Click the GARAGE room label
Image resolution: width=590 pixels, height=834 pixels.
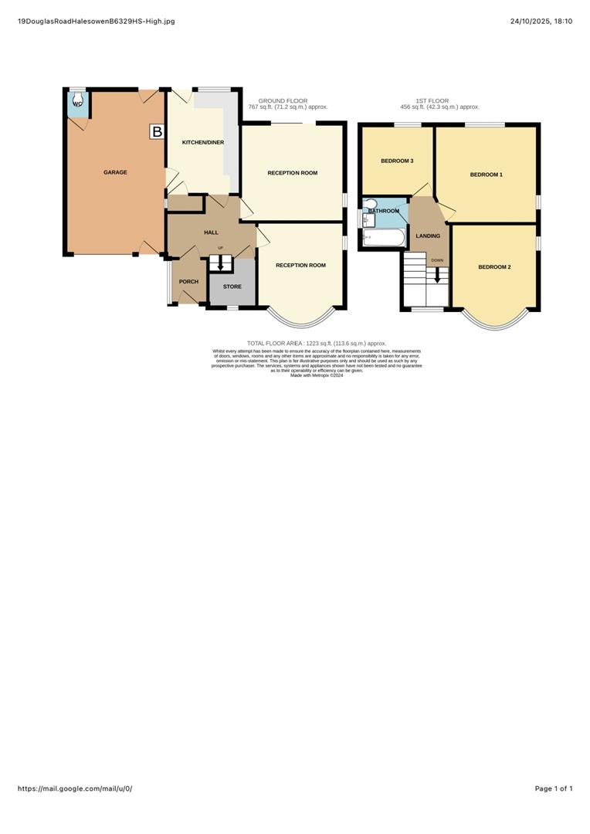(115, 172)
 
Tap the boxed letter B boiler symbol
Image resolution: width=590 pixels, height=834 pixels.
(157, 132)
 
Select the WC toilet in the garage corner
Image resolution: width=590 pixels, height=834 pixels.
(77, 103)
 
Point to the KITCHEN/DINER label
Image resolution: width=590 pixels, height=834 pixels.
(197, 143)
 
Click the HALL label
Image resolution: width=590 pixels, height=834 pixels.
(211, 232)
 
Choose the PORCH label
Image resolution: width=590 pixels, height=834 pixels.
(188, 282)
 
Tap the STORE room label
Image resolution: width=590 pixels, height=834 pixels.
(232, 286)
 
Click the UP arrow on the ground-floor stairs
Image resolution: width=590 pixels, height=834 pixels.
(221, 263)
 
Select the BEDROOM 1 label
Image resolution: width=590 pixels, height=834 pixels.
(486, 175)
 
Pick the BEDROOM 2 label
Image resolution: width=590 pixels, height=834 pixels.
(494, 267)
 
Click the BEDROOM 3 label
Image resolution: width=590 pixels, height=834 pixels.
(397, 161)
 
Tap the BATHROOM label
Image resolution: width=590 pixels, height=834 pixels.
(384, 211)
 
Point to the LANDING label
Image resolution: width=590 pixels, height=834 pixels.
(428, 236)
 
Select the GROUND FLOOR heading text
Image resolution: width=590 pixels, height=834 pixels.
(283, 100)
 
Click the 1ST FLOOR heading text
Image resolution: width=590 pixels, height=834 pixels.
(432, 100)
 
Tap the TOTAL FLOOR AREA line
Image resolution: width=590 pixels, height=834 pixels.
(316, 343)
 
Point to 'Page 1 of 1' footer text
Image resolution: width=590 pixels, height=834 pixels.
(553, 788)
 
